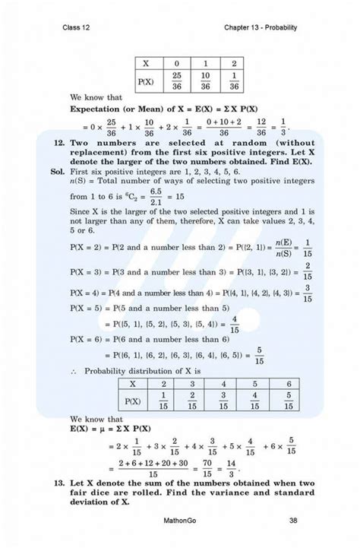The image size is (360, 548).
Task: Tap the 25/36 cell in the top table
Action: pos(176,81)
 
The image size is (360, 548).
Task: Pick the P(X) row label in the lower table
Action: pos(132,401)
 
